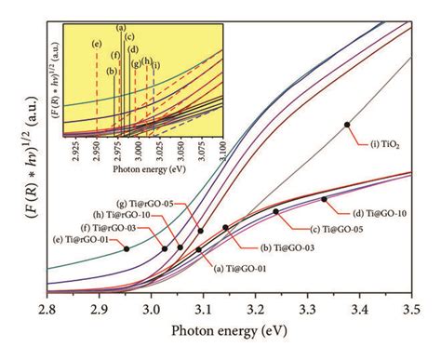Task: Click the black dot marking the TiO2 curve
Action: [346, 124]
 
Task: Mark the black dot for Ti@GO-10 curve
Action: [324, 200]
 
